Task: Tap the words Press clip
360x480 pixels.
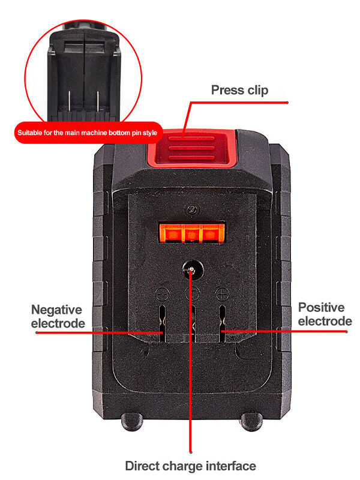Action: click(x=239, y=91)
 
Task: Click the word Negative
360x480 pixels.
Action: click(x=56, y=310)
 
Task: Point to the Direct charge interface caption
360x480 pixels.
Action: click(x=190, y=466)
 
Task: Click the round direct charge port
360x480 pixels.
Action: click(x=191, y=271)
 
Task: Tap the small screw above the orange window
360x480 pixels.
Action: click(x=191, y=209)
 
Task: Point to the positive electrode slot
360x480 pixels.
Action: click(x=221, y=324)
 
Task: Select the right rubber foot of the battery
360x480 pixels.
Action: click(x=251, y=421)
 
